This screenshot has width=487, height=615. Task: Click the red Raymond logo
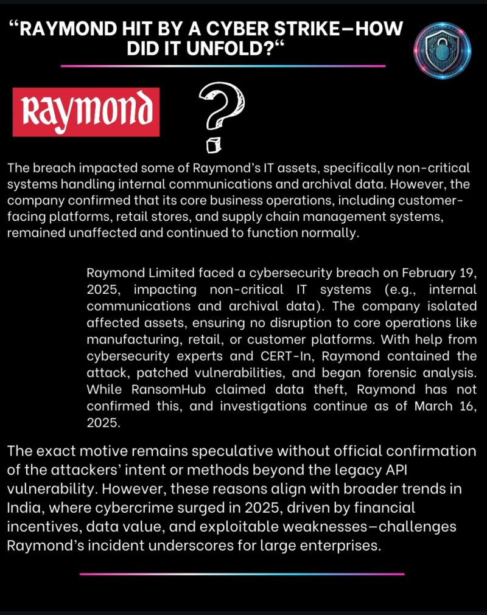(x=86, y=112)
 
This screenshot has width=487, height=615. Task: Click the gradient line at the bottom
(x=242, y=574)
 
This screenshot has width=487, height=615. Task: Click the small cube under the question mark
(x=212, y=145)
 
